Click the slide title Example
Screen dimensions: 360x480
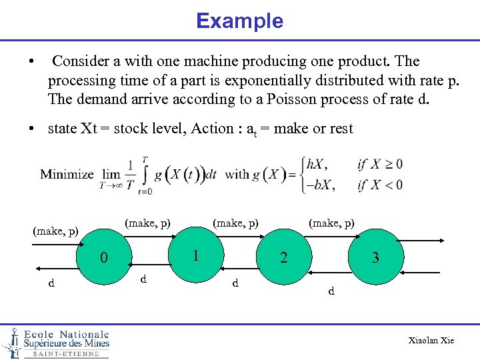pyautogui.click(x=239, y=21)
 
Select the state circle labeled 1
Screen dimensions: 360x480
pyautogui.click(x=195, y=255)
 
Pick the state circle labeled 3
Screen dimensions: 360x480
pyautogui.click(x=375, y=257)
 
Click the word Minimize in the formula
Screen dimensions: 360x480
pyautogui.click(x=67, y=175)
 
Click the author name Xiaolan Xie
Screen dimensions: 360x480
pyautogui.click(x=431, y=341)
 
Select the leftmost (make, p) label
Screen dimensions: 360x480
pyautogui.click(x=56, y=231)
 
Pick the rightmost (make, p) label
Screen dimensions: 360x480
pyautogui.click(x=331, y=222)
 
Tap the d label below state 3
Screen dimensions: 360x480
pyautogui.click(x=331, y=291)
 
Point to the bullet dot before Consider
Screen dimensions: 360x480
pyautogui.click(x=32, y=62)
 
